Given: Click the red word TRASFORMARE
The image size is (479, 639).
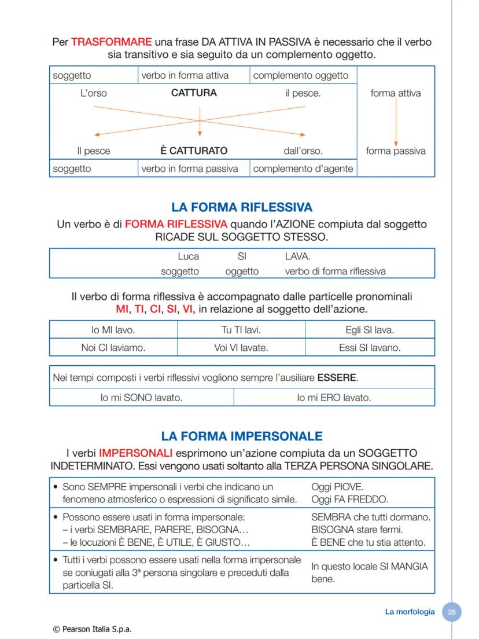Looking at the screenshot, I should [111, 42].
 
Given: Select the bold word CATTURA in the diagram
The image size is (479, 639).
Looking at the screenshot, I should [194, 93].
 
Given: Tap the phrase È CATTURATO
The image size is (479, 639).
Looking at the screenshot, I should [194, 150].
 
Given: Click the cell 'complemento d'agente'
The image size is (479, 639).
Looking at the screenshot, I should [303, 169].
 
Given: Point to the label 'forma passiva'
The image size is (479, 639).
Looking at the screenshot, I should [396, 151].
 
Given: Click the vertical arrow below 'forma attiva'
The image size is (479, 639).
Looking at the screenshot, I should [396, 122].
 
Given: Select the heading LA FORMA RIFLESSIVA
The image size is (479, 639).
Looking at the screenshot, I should [242, 207].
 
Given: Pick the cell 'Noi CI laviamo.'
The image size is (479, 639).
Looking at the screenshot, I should [113, 348].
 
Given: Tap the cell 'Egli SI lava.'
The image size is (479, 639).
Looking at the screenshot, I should [370, 330].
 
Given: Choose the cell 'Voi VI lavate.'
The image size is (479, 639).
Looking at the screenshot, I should [241, 348].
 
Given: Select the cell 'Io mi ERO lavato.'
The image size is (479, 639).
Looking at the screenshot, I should [334, 398].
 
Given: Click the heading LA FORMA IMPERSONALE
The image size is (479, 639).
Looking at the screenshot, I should [242, 436].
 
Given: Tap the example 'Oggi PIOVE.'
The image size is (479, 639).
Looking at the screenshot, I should [337, 487].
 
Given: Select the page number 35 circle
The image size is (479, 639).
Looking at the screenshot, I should [452, 612].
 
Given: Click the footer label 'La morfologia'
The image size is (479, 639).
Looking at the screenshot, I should [410, 612].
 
